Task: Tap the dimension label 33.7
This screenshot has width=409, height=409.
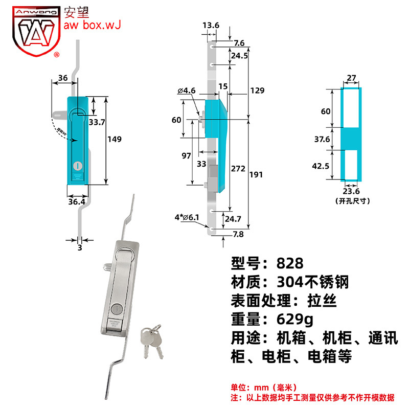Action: click(x=97, y=122)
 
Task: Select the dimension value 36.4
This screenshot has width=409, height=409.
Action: click(x=77, y=202)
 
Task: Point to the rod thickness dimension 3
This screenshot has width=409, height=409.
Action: click(x=79, y=248)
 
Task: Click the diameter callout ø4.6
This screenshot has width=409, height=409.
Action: click(x=187, y=90)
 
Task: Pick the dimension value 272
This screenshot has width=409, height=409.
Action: click(x=239, y=168)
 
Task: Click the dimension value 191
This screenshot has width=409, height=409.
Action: click(x=256, y=174)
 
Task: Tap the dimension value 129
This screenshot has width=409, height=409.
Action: click(x=257, y=90)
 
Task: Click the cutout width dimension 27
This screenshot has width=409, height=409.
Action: click(x=351, y=78)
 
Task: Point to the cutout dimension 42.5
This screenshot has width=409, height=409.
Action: click(x=321, y=166)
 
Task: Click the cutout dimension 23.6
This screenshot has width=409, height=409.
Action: click(x=351, y=192)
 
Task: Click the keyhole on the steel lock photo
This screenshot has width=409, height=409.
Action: click(x=115, y=309)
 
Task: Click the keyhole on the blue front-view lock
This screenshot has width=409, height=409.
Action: click(x=78, y=166)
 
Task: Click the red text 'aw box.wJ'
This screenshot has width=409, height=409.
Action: click(x=92, y=25)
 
